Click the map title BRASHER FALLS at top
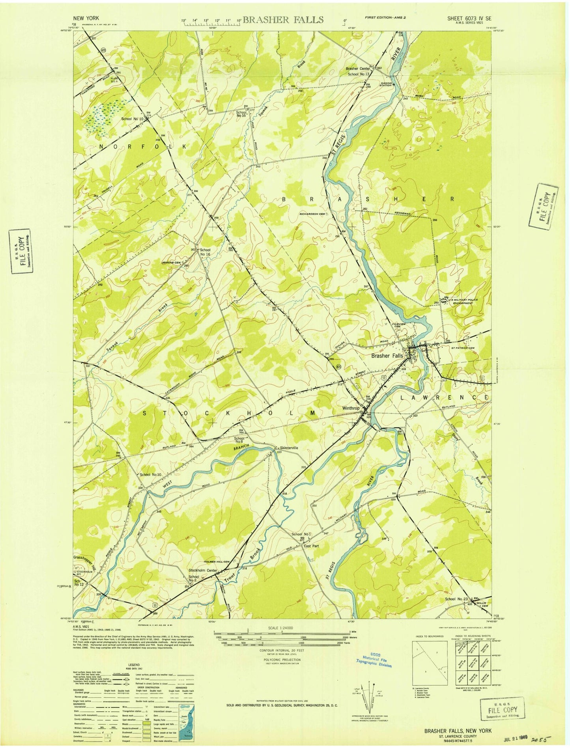point(283,20)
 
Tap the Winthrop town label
point(351,409)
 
